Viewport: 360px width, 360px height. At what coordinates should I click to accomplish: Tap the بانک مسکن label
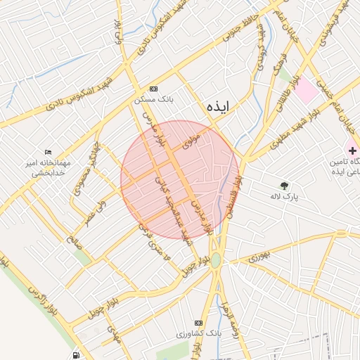click(x=154, y=100)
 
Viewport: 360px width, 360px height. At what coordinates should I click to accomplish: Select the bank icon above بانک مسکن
click(x=153, y=89)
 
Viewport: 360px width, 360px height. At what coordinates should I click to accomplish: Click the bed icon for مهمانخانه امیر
click(x=48, y=152)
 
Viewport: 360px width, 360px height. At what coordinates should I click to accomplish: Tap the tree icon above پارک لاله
click(x=284, y=186)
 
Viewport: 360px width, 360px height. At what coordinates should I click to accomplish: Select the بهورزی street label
click(x=257, y=258)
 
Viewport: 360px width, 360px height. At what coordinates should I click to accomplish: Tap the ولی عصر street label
click(x=101, y=210)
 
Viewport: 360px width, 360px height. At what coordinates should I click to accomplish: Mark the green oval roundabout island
click(x=215, y=261)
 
